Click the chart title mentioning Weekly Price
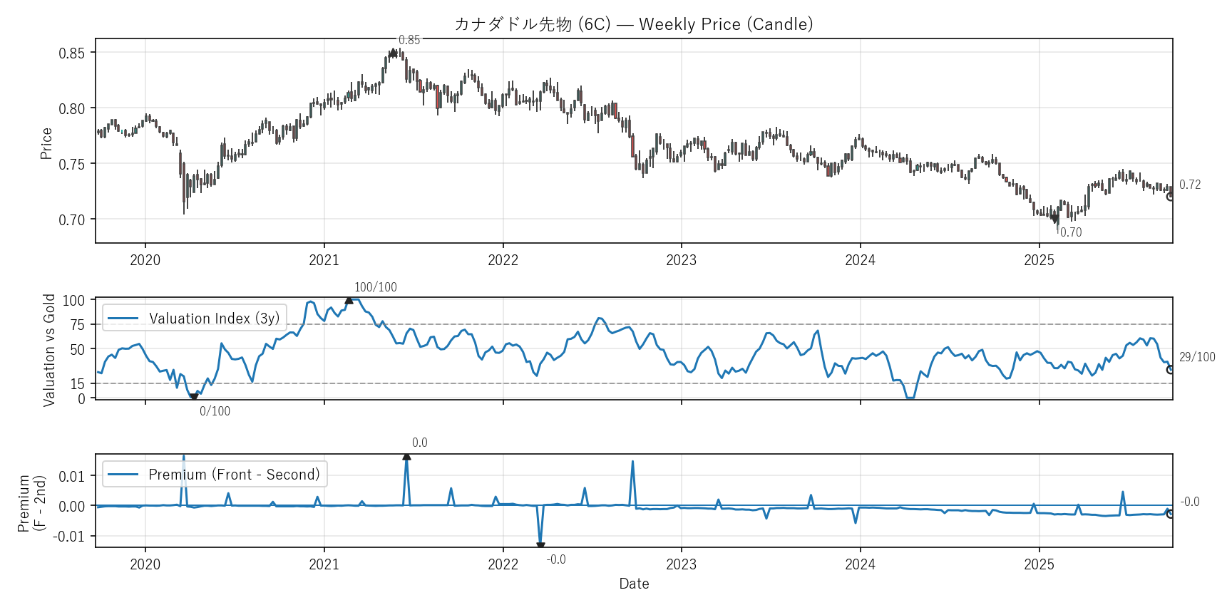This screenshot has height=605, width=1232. point(634,24)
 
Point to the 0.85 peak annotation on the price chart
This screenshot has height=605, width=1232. point(409,41)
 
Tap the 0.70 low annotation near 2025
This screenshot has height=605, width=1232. point(1070,232)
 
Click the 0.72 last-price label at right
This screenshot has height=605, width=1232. point(1190,185)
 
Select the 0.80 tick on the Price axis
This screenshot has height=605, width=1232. point(71,109)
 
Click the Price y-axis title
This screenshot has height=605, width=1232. point(46,143)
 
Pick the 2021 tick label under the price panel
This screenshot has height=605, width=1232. point(324,260)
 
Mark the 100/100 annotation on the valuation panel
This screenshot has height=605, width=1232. point(376,287)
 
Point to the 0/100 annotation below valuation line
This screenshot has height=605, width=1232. point(215,411)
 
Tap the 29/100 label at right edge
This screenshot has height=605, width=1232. point(1197,357)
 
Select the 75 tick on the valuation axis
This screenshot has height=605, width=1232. point(77,325)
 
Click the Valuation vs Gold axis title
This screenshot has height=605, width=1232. point(49,350)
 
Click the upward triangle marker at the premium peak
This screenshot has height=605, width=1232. point(406,456)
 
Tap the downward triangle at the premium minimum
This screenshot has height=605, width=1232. point(540,546)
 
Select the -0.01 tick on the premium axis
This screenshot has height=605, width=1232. point(68,537)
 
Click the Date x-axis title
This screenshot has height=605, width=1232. point(634,584)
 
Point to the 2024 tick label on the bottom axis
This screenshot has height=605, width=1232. point(860,564)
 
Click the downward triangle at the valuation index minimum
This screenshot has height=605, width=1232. point(194,397)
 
